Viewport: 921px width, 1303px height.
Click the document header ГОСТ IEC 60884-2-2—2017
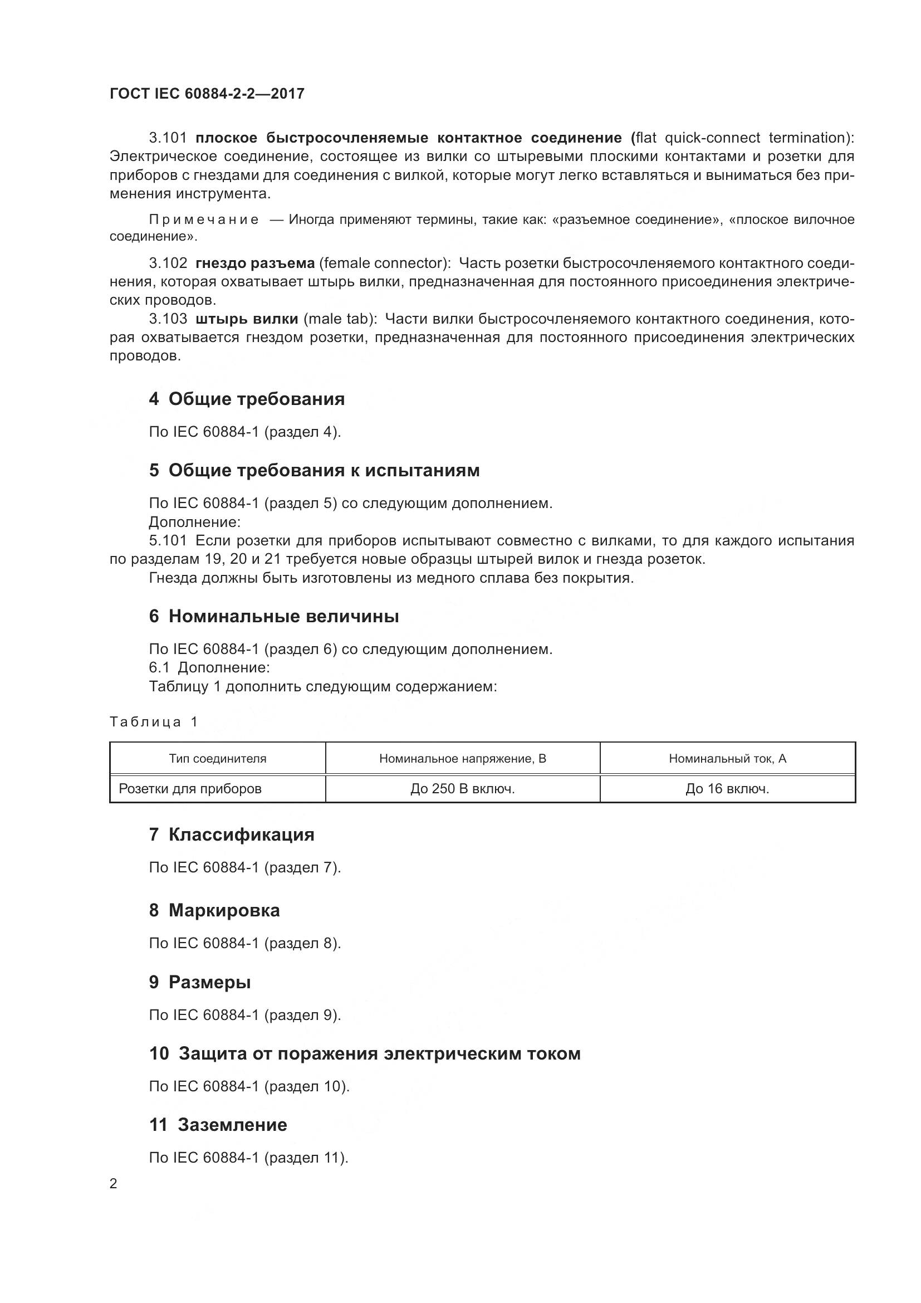pyautogui.click(x=207, y=94)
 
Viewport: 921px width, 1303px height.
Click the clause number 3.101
pyautogui.click(x=168, y=138)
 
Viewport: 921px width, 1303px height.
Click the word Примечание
pyautogui.click(x=204, y=219)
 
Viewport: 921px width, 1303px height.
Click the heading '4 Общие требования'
pyautogui.click(x=247, y=399)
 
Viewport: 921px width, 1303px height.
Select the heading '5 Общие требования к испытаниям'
pyautogui.click(x=314, y=471)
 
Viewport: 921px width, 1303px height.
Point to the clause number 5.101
pyautogui.click(x=168, y=540)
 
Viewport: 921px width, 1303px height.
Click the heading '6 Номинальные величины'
pyautogui.click(x=274, y=616)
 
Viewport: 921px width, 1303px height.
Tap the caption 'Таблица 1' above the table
pyautogui.click(x=154, y=722)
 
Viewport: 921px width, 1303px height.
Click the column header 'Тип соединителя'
pyautogui.click(x=218, y=759)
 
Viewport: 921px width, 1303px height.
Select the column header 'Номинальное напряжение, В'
pyautogui.click(x=463, y=759)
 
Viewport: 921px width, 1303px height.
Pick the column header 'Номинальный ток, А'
pyautogui.click(x=728, y=759)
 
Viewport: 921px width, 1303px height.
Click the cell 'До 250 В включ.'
pyautogui.click(x=463, y=789)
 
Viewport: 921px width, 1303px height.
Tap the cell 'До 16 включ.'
pyautogui.click(x=728, y=789)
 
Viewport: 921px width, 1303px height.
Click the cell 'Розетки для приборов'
pyautogui.click(x=190, y=789)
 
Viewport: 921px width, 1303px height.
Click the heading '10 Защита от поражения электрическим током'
pyautogui.click(x=365, y=1054)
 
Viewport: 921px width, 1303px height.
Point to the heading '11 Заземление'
pyautogui.click(x=218, y=1125)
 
